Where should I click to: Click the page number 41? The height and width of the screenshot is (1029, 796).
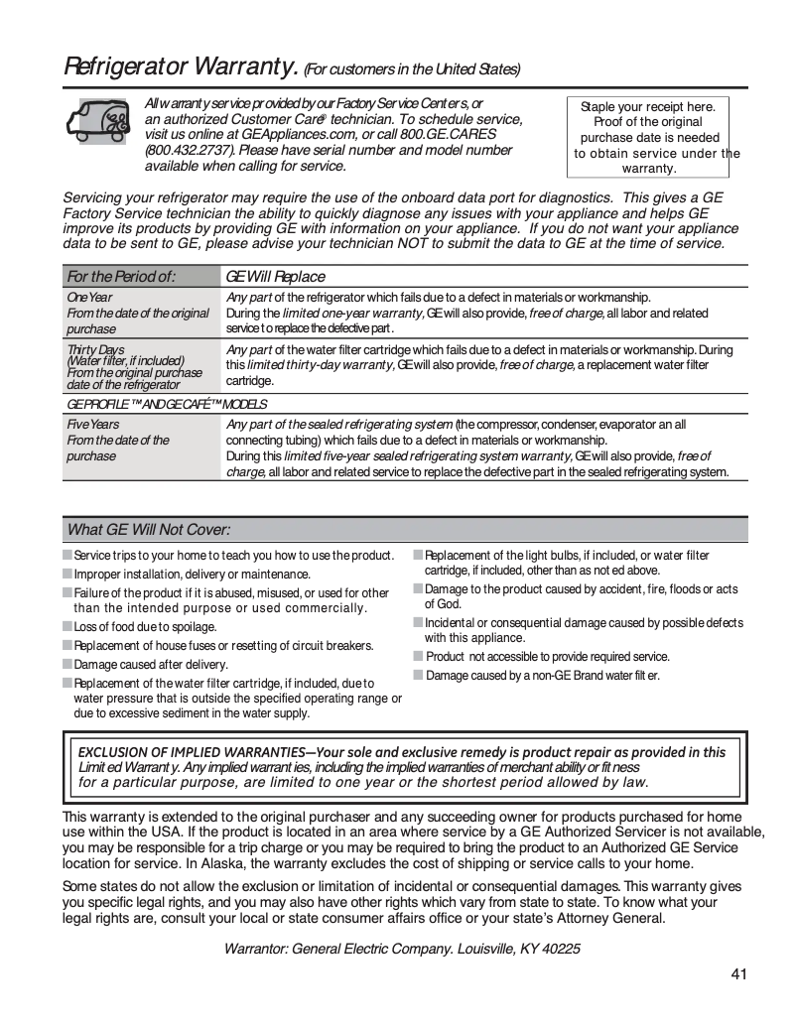tap(738, 973)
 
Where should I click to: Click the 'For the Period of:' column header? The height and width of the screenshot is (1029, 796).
tap(121, 276)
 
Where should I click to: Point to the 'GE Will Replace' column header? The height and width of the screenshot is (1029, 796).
tap(276, 276)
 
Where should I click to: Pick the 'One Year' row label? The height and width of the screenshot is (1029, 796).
tap(89, 297)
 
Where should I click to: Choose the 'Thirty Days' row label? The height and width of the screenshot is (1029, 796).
tap(95, 349)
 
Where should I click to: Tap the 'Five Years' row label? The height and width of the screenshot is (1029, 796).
tap(92, 424)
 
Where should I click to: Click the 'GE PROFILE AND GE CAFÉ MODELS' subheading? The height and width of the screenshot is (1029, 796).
tap(167, 404)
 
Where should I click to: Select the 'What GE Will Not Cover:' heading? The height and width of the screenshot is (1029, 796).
tap(149, 529)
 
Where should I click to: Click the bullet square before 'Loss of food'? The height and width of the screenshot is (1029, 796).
tap(67, 626)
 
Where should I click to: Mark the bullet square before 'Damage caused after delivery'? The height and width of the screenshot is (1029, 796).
tap(67, 664)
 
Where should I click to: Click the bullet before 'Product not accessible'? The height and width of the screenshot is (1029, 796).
tap(419, 656)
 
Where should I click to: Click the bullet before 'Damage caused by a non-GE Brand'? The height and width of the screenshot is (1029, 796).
tap(419, 675)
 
